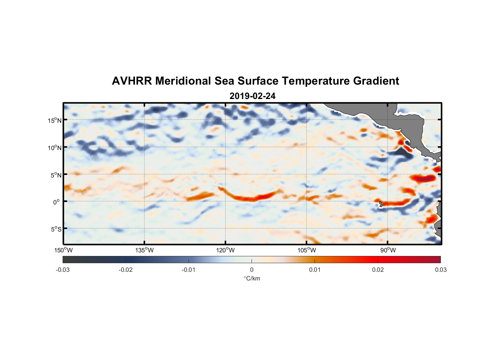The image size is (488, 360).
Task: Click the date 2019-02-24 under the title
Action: (252, 96)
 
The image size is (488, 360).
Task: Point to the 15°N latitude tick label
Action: (55, 120)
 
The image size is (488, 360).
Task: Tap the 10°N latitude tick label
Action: (55, 148)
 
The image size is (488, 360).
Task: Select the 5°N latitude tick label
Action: (56, 175)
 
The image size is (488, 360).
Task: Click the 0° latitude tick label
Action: (57, 202)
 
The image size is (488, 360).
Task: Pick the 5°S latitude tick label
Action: (56, 229)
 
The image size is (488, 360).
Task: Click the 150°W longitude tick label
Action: (63, 250)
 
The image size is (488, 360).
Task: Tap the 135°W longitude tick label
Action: (144, 250)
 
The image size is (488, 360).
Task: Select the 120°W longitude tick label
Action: (225, 250)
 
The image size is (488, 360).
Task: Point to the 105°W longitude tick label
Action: (307, 250)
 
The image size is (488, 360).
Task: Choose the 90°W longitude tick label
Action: (388, 250)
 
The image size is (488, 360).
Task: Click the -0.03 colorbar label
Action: (63, 270)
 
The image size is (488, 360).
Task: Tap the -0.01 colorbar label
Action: (189, 270)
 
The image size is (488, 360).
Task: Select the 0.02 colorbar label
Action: (378, 270)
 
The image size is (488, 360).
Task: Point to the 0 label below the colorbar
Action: (252, 270)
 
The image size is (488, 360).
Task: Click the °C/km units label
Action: (252, 278)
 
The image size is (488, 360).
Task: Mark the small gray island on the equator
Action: (381, 204)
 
